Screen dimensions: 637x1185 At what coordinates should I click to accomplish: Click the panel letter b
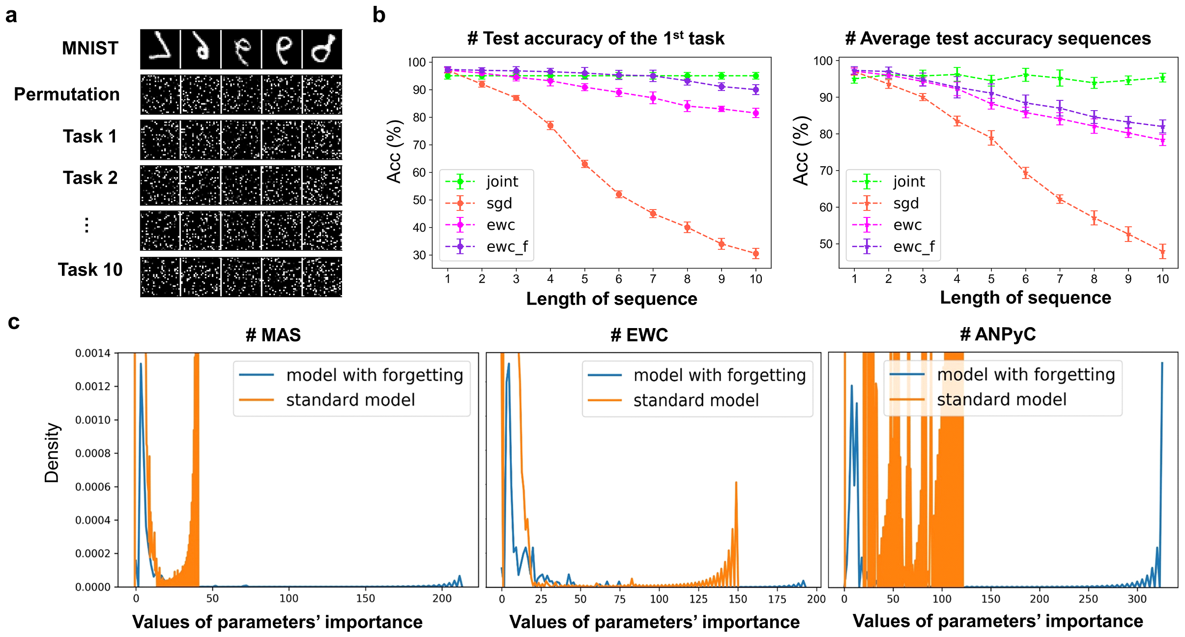pyautogui.click(x=378, y=15)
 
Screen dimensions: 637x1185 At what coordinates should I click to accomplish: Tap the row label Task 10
pyautogui.click(x=90, y=270)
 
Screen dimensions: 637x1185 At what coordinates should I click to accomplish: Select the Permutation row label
pyautogui.click(x=67, y=94)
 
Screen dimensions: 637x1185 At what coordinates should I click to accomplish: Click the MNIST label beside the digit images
pyautogui.click(x=90, y=48)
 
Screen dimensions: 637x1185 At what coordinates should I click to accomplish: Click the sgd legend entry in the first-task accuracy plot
pyautogui.click(x=499, y=203)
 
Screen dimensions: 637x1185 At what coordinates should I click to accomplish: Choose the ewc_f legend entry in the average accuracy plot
pyautogui.click(x=913, y=246)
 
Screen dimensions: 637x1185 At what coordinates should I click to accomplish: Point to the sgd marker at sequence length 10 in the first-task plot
pyautogui.click(x=755, y=254)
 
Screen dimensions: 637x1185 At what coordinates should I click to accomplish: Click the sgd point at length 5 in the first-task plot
pyautogui.click(x=584, y=164)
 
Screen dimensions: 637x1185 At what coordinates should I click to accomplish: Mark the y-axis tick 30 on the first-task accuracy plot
pyautogui.click(x=419, y=255)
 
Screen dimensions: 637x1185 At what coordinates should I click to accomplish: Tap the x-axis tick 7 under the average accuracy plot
pyautogui.click(x=1060, y=279)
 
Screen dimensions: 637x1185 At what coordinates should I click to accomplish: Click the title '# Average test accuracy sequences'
pyautogui.click(x=998, y=38)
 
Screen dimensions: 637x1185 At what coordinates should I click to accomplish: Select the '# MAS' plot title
pyautogui.click(x=273, y=335)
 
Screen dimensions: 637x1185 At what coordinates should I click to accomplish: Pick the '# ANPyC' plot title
pyautogui.click(x=998, y=334)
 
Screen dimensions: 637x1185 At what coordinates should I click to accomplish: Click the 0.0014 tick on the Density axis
pyautogui.click(x=92, y=353)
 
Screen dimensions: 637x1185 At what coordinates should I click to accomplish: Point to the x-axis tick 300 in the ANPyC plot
pyautogui.click(x=1137, y=599)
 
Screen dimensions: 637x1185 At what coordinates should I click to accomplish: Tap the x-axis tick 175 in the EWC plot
pyautogui.click(x=777, y=599)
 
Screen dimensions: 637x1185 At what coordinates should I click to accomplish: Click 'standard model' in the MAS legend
pyautogui.click(x=350, y=400)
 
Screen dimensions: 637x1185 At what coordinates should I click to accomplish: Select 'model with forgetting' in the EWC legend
pyautogui.click(x=719, y=375)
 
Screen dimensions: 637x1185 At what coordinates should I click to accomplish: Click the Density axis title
pyautogui.click(x=52, y=453)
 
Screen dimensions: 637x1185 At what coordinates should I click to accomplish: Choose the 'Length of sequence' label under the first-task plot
pyautogui.click(x=611, y=299)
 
